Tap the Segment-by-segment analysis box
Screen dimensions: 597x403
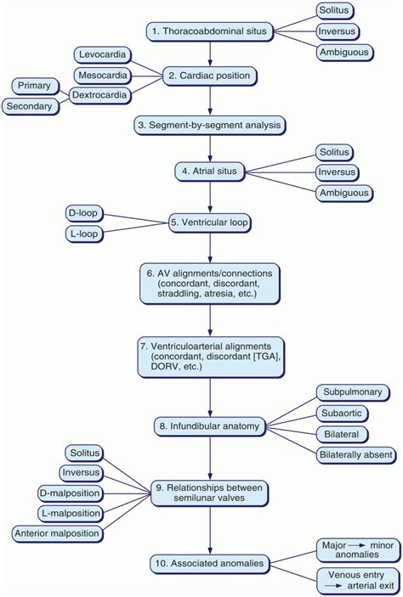coord(208,125)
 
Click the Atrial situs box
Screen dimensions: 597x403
coord(209,172)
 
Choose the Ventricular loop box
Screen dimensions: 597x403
coord(209,223)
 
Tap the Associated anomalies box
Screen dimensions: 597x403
coord(209,561)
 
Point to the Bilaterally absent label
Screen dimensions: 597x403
coord(355,455)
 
